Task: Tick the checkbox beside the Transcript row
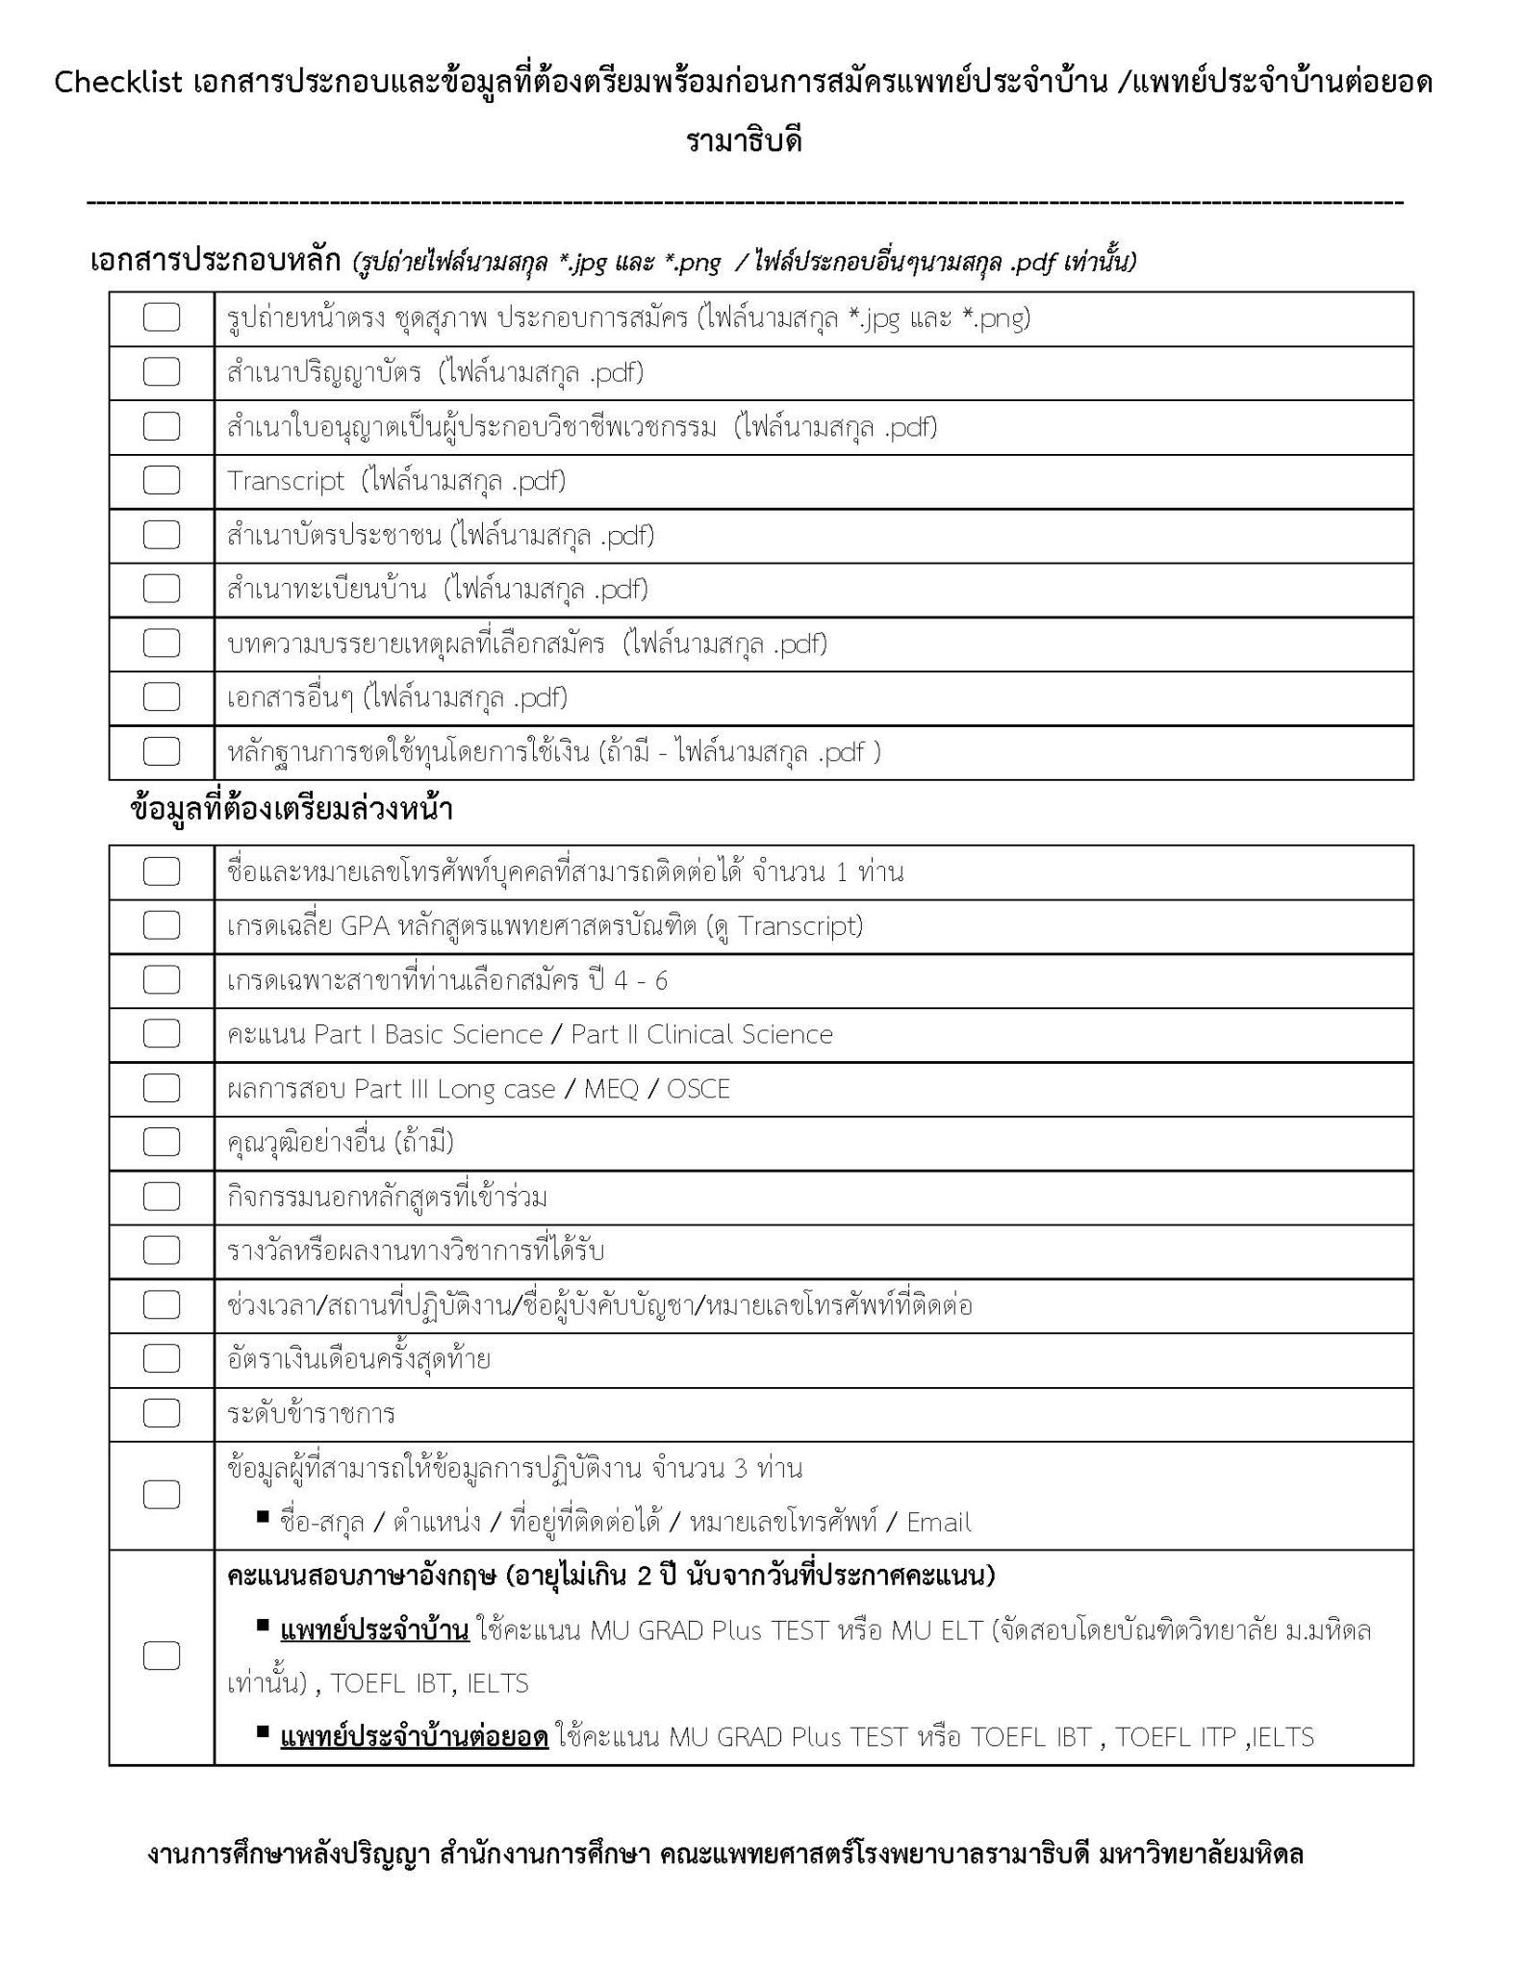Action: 161,480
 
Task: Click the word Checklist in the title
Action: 117,83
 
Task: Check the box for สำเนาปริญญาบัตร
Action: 161,372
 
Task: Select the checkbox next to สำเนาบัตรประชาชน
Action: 161,535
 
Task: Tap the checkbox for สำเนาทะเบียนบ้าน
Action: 161,589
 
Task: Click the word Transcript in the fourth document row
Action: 285,481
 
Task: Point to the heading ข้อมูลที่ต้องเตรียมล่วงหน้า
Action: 291,810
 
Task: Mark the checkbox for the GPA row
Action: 161,925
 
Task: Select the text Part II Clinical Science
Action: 701,1034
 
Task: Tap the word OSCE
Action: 698,1089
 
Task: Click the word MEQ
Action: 611,1089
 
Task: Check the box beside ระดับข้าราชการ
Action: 161,1413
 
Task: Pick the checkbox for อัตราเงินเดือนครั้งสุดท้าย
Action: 161,1358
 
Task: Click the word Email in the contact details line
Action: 938,1522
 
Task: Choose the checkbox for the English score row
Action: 161,1655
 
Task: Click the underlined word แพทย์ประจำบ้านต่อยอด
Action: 414,1737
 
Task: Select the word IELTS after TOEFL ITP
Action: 1282,1737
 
